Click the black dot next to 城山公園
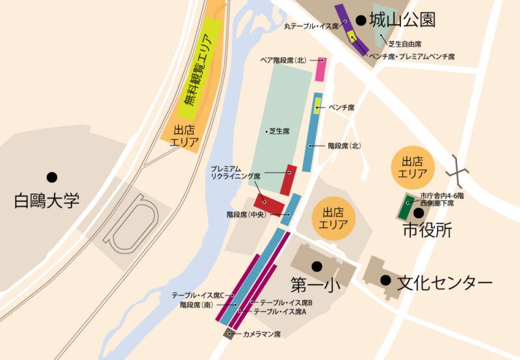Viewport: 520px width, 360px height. (x=361, y=21)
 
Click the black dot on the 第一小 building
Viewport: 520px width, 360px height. (x=317, y=266)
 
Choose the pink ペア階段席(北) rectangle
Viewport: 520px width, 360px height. (x=320, y=69)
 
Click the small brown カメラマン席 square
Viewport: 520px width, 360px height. (x=229, y=333)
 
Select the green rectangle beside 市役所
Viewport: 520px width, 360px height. (x=406, y=207)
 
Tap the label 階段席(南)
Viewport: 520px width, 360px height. (x=199, y=304)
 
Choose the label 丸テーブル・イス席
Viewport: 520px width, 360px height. (x=312, y=27)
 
